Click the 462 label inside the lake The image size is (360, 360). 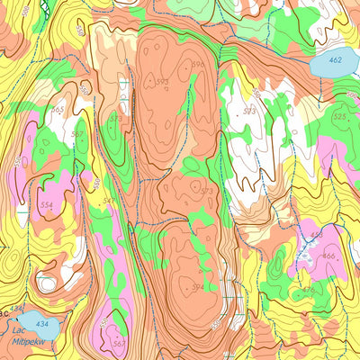335,60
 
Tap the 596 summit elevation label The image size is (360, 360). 197,65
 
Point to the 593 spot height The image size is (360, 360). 162,82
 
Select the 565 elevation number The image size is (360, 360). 58,110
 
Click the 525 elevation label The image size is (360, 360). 339,117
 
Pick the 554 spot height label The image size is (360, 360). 47,206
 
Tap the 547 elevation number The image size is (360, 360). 109,201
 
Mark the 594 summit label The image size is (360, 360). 197,288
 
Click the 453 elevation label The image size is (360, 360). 316,235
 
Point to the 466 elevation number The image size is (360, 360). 328,256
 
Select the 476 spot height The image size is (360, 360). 308,289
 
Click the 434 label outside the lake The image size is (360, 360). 15,309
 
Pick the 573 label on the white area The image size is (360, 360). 249,112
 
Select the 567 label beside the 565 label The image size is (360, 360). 78,135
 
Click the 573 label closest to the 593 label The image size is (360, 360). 115,118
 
